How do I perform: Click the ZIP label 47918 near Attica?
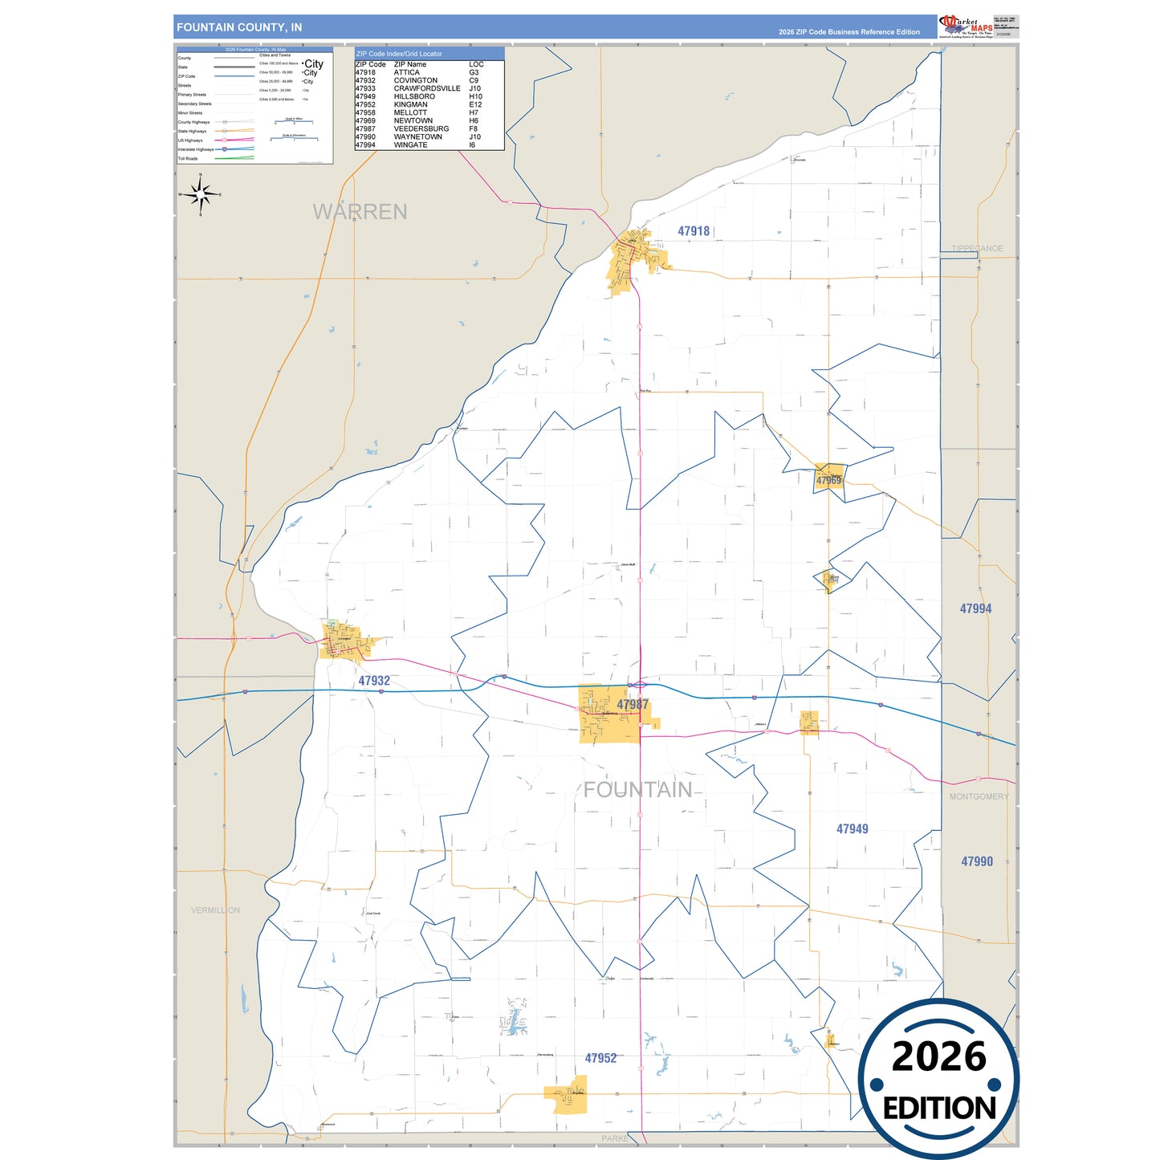click(694, 231)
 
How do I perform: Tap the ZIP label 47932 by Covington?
click(374, 681)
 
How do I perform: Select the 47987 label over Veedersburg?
click(633, 704)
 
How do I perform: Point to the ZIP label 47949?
click(852, 829)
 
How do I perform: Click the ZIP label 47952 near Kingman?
click(600, 1058)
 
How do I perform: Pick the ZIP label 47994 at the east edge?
click(975, 608)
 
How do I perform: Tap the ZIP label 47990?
click(977, 861)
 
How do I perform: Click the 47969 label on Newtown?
click(828, 481)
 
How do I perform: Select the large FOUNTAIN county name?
click(637, 790)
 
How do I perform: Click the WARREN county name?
click(360, 212)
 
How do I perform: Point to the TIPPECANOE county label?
click(977, 249)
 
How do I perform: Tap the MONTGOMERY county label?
click(979, 796)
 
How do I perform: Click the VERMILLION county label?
click(215, 910)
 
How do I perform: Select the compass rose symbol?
click(201, 194)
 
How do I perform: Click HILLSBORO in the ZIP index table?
click(414, 96)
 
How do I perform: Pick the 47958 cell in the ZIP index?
click(365, 112)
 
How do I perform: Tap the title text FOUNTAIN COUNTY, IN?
click(239, 27)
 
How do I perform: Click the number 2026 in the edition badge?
click(938, 1056)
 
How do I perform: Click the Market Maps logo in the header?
click(966, 26)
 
